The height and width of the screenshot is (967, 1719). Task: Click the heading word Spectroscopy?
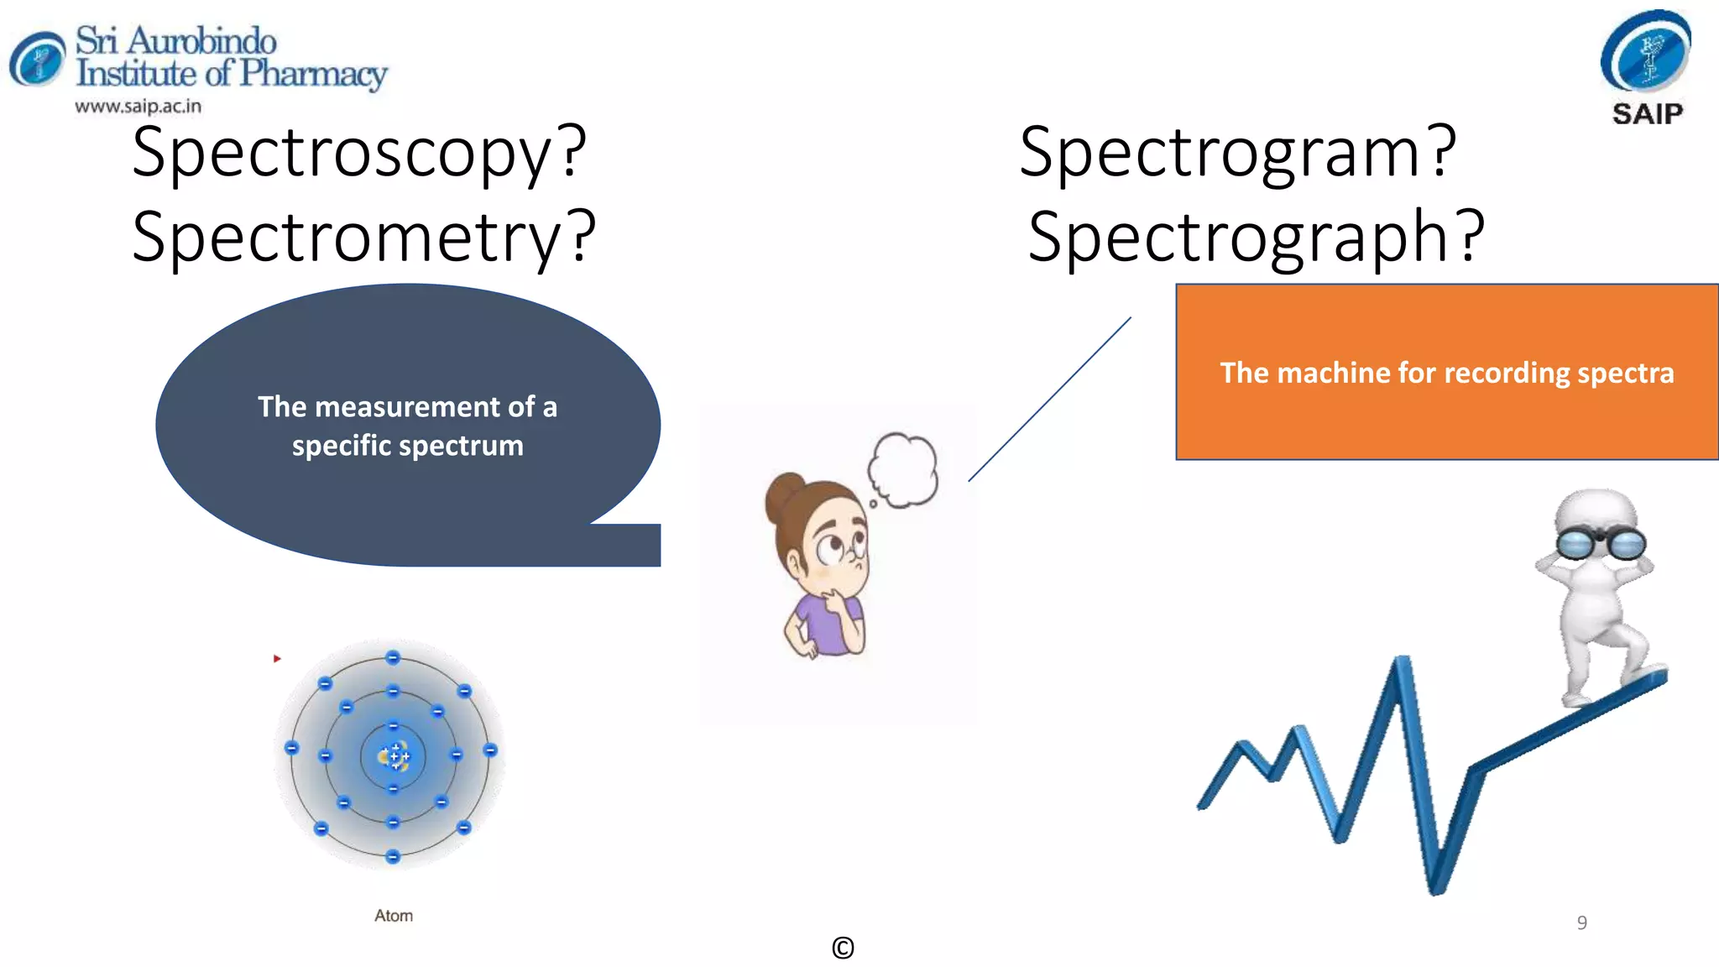pos(359,154)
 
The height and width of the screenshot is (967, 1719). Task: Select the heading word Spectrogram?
pos(1238,154)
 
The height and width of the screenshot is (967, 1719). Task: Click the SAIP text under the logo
pos(1648,114)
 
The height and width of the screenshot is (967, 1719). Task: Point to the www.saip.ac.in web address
pos(138,107)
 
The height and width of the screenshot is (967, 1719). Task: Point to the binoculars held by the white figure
pos(1601,544)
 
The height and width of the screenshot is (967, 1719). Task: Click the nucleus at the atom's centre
pos(394,756)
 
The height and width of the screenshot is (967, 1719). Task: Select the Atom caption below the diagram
pos(394,916)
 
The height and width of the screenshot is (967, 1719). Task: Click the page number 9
pos(1581,923)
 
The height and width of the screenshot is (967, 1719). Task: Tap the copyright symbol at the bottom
pos(843,948)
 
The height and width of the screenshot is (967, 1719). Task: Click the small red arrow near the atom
pos(277,659)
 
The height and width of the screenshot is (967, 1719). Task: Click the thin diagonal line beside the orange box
pos(1050,399)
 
